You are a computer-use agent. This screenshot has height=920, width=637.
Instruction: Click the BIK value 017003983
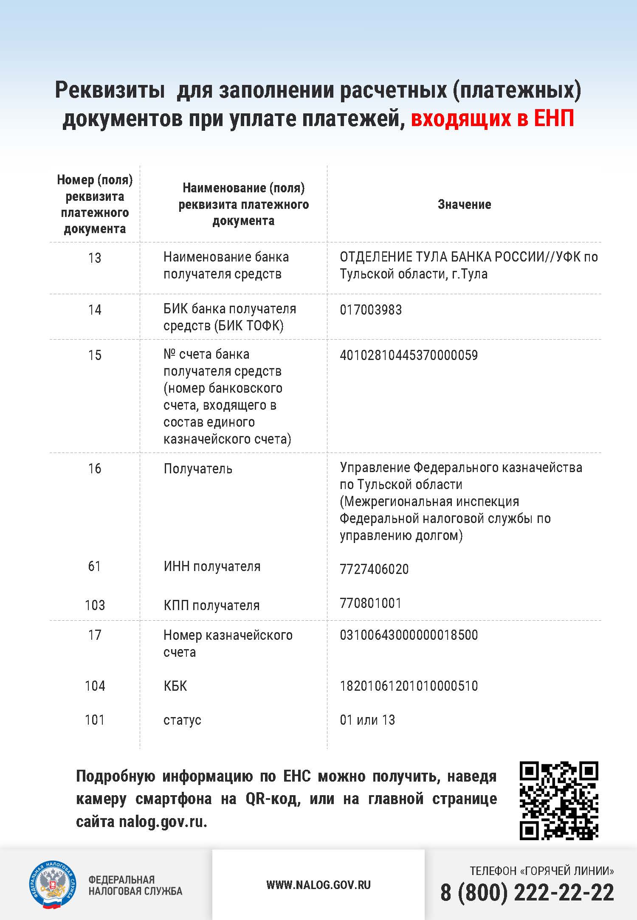click(371, 310)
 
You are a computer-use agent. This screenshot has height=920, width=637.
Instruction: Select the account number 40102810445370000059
click(409, 355)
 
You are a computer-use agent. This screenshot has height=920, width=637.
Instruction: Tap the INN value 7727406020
click(374, 569)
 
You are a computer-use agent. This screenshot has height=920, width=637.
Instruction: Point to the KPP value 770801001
click(371, 603)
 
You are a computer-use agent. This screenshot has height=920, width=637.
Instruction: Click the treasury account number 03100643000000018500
click(409, 635)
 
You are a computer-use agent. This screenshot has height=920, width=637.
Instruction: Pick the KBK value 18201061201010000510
click(409, 686)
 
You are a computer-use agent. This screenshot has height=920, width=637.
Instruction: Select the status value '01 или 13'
click(367, 720)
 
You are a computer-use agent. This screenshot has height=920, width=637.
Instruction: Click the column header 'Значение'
click(464, 205)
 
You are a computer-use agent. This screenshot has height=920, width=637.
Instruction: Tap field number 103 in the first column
click(95, 605)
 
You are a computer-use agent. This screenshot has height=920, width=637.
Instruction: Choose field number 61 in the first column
click(94, 566)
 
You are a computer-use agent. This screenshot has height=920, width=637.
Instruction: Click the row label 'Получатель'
click(198, 469)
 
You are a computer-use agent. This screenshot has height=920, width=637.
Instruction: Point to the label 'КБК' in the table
click(175, 686)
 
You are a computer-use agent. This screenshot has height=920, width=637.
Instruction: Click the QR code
click(559, 801)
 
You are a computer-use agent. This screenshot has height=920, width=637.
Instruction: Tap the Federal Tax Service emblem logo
click(52, 885)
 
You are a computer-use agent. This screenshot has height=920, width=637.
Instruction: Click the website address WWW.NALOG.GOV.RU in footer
click(318, 885)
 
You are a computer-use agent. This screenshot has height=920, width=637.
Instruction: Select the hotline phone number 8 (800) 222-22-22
click(527, 892)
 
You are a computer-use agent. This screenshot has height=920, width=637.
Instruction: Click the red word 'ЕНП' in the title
click(554, 118)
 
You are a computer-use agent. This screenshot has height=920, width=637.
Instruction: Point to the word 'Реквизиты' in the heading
click(110, 90)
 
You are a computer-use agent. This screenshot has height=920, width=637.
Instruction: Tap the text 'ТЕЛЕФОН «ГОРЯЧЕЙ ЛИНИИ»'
click(541, 871)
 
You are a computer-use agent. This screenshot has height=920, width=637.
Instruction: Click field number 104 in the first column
click(95, 686)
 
